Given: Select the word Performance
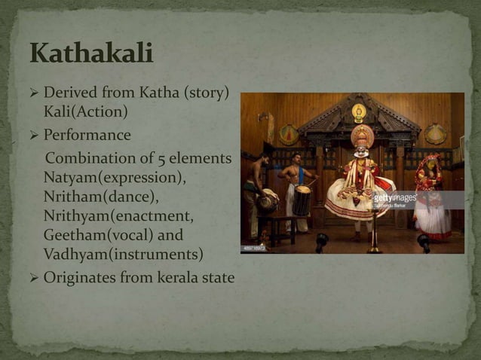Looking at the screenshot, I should tap(87, 136).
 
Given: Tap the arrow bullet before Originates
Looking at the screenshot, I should tap(32, 278).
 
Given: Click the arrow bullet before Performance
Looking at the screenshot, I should tap(32, 136).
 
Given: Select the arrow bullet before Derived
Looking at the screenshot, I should tap(32, 95).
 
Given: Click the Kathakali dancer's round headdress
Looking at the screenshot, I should tap(363, 136).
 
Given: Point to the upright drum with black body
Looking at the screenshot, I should tap(302, 200).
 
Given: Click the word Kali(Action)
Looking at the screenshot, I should tap(85, 112).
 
